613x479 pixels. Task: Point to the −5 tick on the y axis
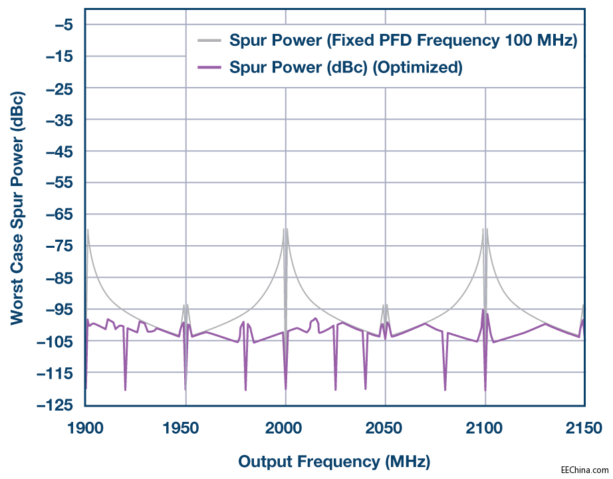click(64, 25)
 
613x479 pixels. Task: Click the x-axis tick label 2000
click(285, 427)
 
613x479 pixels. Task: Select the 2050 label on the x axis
click(385, 427)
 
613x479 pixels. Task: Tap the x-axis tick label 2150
click(584, 427)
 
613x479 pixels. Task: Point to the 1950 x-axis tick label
click(185, 427)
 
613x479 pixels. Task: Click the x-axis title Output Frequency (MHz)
click(334, 461)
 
